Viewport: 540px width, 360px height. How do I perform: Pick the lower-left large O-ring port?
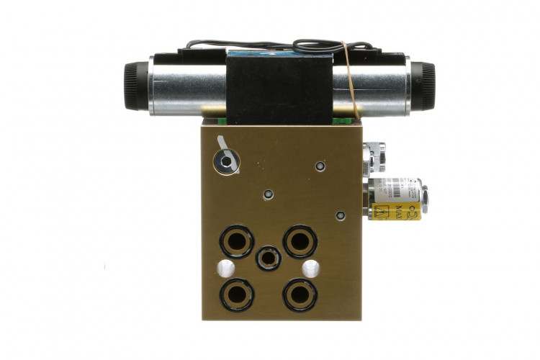(236, 294)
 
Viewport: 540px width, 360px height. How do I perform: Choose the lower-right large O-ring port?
(299, 294)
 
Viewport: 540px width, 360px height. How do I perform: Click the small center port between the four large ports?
(268, 258)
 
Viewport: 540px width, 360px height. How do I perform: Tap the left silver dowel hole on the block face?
(225, 269)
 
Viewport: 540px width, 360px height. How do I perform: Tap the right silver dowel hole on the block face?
(311, 269)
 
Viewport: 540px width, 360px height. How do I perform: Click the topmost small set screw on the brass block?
(320, 167)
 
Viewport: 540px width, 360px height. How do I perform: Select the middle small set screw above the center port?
(269, 196)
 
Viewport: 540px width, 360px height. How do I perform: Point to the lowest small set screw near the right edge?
(340, 215)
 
